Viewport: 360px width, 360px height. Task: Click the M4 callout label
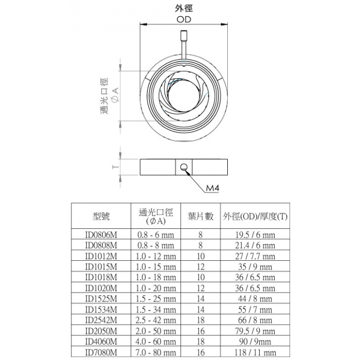pos(212,188)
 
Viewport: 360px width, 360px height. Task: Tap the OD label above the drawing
pos(184,20)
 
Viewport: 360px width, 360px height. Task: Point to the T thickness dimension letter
pos(116,167)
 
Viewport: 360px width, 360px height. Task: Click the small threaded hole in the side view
pos(184,167)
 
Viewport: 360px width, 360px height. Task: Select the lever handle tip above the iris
pos(184,35)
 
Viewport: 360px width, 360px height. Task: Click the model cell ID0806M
pos(101,235)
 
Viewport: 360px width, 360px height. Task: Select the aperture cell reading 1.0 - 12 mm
pos(156,256)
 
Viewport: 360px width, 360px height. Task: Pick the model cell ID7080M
pos(101,352)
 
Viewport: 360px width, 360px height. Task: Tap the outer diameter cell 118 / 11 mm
pos(255,352)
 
